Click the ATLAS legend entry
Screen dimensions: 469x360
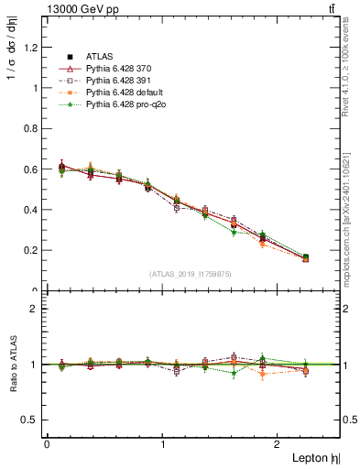[95, 57]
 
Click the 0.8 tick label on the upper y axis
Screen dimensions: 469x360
[31, 129]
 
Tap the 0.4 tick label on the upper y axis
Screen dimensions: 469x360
[31, 210]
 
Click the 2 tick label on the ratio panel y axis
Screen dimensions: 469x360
[35, 309]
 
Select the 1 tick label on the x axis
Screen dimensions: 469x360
[162, 444]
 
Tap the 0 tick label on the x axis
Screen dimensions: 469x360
[47, 444]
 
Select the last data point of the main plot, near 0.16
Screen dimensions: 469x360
[305, 258]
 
